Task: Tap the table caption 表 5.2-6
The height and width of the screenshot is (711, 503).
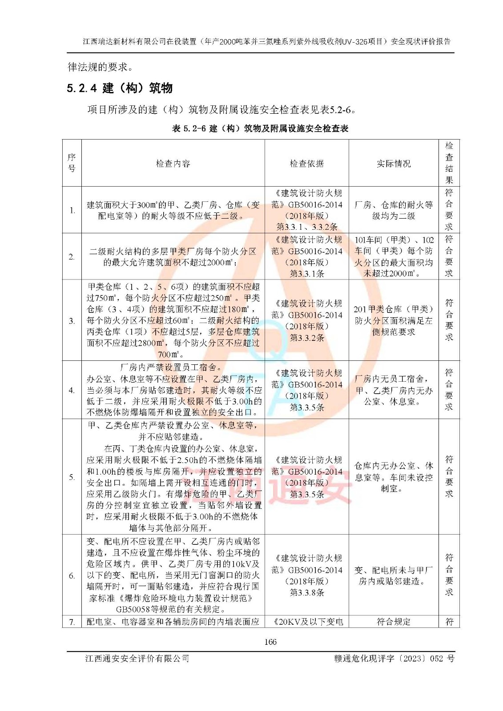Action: (260, 128)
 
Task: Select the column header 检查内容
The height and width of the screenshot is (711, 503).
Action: (173, 164)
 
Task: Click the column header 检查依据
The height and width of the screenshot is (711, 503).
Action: (307, 164)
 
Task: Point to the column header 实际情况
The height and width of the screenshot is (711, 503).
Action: (394, 164)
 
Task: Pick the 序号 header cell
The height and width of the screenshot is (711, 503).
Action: (72, 163)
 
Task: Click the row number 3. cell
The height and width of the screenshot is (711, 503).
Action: (72, 320)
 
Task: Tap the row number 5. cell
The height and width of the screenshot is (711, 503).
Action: (72, 477)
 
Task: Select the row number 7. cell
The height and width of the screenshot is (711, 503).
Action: (72, 622)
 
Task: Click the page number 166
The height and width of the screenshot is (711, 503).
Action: (270, 642)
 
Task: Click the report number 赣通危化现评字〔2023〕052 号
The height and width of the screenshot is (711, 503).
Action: (394, 659)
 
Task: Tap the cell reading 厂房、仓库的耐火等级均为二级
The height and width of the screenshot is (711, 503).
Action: (394, 210)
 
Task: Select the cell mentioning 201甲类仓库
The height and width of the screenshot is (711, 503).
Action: (394, 320)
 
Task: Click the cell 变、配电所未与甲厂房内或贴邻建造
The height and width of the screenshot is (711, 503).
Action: (394, 575)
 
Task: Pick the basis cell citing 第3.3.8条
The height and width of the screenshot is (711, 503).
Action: (307, 575)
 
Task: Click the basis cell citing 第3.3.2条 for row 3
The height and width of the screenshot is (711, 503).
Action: (307, 320)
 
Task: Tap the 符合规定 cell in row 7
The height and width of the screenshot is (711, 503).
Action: (394, 622)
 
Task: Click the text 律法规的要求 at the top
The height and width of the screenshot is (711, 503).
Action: (101, 67)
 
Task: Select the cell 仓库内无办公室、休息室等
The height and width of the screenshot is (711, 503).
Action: (394, 477)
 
